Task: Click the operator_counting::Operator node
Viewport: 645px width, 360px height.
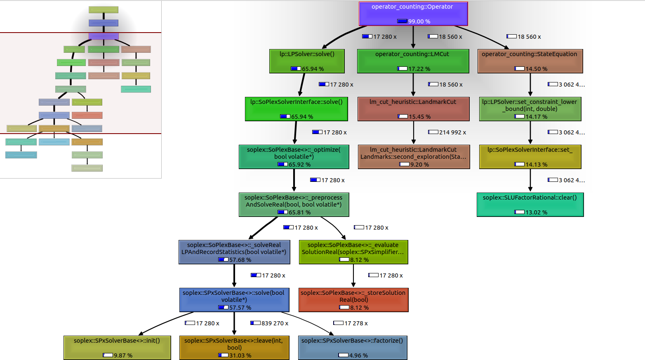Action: tap(413, 14)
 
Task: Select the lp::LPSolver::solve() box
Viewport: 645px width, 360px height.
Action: tap(307, 61)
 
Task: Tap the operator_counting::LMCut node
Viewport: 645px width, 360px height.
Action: tap(413, 61)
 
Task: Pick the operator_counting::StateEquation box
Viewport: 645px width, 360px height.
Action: tap(530, 61)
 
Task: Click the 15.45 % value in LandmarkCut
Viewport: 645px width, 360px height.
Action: tap(419, 117)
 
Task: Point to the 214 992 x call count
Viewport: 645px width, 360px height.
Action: tap(452, 132)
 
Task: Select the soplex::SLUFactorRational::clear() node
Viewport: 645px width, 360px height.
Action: tap(530, 205)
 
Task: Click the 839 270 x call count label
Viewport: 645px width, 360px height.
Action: tap(275, 323)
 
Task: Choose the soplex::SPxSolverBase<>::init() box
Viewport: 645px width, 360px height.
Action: tap(117, 348)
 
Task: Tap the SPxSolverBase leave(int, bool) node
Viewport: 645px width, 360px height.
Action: tap(234, 348)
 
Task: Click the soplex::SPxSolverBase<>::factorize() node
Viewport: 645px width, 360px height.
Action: tap(353, 348)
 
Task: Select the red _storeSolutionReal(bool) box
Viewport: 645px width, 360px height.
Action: tap(353, 300)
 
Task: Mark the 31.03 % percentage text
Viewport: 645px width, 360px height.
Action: tap(240, 355)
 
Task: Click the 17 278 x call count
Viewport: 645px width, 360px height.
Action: tap(356, 323)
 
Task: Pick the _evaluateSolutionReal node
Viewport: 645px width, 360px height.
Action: tap(353, 252)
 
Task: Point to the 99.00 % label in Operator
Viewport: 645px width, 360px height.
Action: tap(419, 21)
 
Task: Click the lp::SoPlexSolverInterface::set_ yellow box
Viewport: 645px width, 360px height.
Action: tap(530, 157)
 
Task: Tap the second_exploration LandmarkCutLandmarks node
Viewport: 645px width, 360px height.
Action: tap(414, 157)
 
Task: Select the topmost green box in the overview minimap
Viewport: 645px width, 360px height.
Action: tap(104, 9)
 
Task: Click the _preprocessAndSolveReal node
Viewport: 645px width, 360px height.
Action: tap(294, 205)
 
